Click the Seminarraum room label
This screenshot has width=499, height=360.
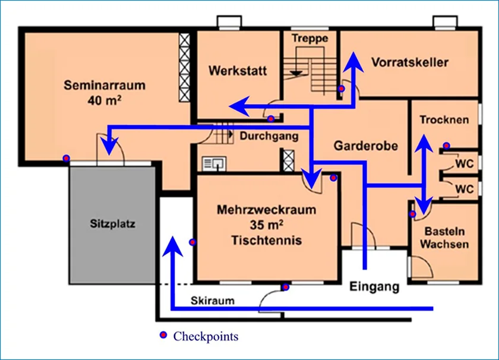pyautogui.click(x=105, y=86)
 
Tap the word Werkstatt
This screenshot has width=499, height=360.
pyautogui.click(x=238, y=71)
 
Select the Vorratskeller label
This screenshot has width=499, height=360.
pyautogui.click(x=410, y=62)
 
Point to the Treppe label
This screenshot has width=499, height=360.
pyautogui.click(x=310, y=39)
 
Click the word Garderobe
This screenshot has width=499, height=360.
pyautogui.click(x=366, y=146)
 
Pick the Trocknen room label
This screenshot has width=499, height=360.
pyautogui.click(x=444, y=119)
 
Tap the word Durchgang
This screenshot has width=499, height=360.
pyautogui.click(x=269, y=136)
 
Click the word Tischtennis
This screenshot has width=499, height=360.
pyautogui.click(x=266, y=240)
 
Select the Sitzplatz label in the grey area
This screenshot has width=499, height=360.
pyautogui.click(x=113, y=224)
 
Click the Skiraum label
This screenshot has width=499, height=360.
pyautogui.click(x=213, y=301)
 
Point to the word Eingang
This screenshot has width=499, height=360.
pyautogui.click(x=374, y=286)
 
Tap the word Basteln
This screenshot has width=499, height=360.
pyautogui.click(x=444, y=232)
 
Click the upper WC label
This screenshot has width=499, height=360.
pyautogui.click(x=465, y=163)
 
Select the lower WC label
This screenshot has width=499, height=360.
pyautogui.click(x=465, y=189)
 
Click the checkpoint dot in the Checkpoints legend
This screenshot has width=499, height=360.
pyautogui.click(x=163, y=335)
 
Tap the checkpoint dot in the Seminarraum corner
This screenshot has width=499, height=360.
pyautogui.click(x=66, y=158)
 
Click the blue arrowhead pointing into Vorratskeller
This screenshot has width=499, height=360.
pyautogui.click(x=353, y=62)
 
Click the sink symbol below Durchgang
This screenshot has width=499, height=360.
pyautogui.click(x=214, y=163)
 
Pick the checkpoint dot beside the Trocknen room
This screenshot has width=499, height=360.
pyautogui.click(x=447, y=146)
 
